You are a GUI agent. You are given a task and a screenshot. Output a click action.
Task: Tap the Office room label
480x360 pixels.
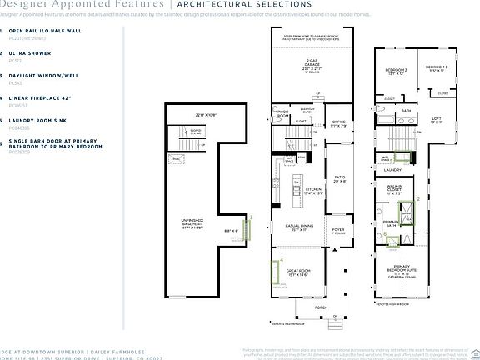coord(337,125)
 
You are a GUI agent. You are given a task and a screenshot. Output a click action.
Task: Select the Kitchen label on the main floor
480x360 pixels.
coord(313,191)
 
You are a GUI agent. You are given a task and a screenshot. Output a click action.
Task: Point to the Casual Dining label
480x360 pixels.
coord(298,227)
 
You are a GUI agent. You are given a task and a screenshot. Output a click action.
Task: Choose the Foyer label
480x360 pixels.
coord(338,231)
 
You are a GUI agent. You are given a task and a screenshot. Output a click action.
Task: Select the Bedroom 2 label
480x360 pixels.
coord(397,72)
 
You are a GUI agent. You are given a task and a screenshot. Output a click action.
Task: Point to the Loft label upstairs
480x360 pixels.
coord(435,121)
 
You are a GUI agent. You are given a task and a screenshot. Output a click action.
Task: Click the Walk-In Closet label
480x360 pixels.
coord(394,189)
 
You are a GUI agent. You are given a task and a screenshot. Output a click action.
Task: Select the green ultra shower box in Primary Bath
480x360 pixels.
coord(408,213)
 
